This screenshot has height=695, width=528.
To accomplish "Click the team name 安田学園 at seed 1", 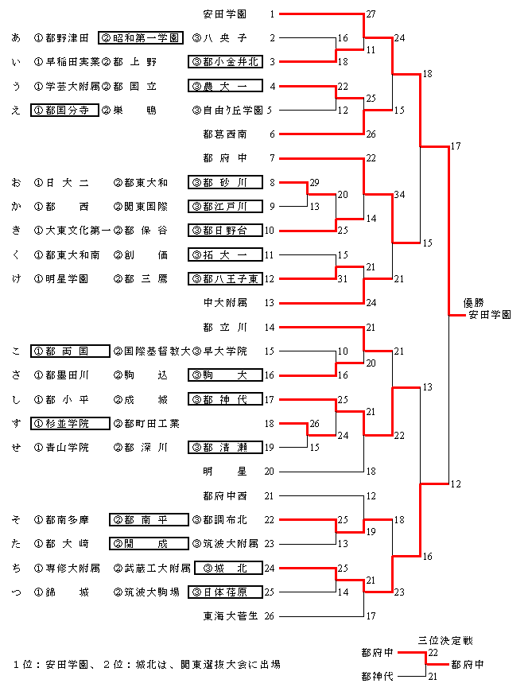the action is point(225,14).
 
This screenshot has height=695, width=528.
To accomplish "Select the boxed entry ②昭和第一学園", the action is point(141,37).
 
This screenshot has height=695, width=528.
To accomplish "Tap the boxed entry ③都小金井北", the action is point(225,61).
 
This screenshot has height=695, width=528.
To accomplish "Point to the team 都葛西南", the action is point(225,134).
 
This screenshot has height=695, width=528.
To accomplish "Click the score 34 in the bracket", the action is point(399,195).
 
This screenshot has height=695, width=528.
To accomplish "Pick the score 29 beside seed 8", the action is point(314,183).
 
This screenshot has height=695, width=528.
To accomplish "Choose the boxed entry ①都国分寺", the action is point(64,110).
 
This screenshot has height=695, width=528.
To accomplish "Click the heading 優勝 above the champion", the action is point(473,303).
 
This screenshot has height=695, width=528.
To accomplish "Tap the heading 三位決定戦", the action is point(445,640).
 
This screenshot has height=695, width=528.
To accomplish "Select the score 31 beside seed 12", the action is point(342,279).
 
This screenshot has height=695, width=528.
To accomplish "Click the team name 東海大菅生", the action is point(231,616).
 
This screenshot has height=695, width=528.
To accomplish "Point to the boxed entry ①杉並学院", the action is point(70,423).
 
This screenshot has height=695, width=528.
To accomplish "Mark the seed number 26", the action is point(269,616).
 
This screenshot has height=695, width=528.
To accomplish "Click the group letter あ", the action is point(17,38).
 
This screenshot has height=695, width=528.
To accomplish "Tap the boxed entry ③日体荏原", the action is point(225,592).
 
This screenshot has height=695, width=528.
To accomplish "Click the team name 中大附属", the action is point(225,303).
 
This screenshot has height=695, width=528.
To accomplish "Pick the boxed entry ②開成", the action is point(149,543).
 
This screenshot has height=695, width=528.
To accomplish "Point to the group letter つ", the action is point(17,592).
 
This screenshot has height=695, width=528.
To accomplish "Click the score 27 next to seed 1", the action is point(371,14).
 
